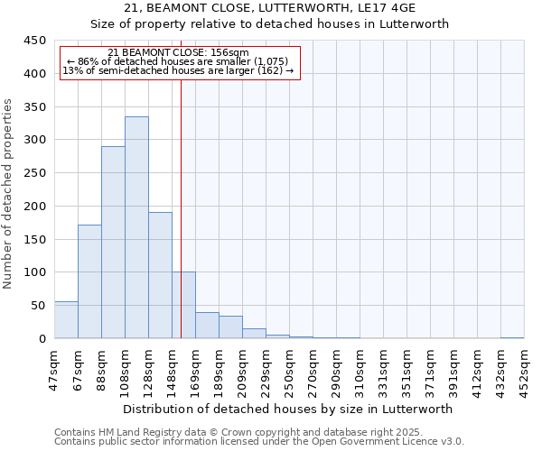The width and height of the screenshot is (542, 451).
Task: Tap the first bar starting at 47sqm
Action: coord(66,320)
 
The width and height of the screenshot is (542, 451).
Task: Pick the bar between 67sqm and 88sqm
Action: coord(89,281)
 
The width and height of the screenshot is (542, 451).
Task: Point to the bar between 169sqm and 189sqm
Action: coord(207,326)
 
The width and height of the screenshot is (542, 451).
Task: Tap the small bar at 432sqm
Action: coord(512,337)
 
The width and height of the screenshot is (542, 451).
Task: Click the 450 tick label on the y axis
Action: coord(34,41)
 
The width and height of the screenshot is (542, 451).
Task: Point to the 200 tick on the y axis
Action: coord(34,207)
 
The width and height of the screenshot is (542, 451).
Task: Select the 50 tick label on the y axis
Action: coord(38,306)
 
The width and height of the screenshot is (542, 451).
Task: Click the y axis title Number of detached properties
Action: coord(8,194)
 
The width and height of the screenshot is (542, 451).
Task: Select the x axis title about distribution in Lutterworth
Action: coord(288,409)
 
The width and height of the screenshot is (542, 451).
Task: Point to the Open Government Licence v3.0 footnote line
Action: coord(258,442)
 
